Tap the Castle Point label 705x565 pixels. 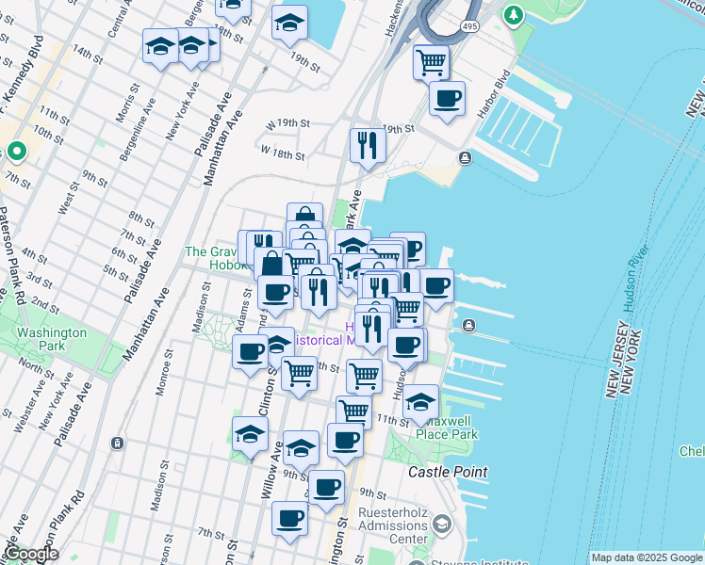[448, 471]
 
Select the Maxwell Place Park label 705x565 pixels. [450, 428]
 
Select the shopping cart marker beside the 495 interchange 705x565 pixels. [431, 63]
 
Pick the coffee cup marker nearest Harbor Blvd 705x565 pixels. [447, 98]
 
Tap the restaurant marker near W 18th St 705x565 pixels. [366, 145]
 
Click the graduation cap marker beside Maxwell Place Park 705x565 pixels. [420, 402]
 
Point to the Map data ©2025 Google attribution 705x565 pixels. [646, 557]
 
